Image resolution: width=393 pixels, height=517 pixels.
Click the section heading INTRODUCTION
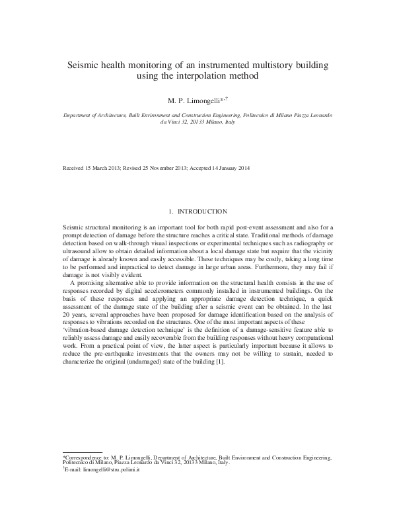(x=202, y=212)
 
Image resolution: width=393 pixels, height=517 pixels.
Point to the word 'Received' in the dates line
(x=75, y=168)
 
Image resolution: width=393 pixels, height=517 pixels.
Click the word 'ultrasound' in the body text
(x=78, y=252)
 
